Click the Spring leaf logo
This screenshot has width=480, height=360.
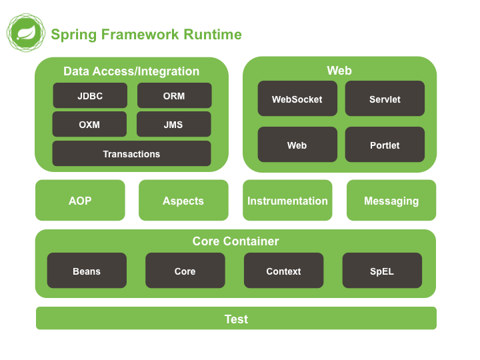click(25, 33)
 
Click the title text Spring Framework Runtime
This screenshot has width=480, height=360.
click(146, 35)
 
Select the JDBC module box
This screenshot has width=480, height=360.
click(90, 95)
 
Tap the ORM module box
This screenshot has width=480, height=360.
click(174, 95)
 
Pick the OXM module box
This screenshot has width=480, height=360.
click(89, 124)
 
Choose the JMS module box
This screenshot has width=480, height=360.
click(173, 124)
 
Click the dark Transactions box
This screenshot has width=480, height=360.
click(131, 153)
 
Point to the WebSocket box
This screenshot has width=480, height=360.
click(297, 99)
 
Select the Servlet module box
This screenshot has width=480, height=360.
click(385, 99)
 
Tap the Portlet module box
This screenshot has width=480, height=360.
click(385, 145)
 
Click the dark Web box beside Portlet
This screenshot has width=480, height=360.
click(297, 145)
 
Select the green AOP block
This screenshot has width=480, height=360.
click(80, 200)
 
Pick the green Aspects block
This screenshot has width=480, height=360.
click(183, 200)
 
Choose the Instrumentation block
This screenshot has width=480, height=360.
click(287, 200)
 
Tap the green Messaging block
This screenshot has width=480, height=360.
click(391, 200)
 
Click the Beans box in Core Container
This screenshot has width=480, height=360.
click(87, 271)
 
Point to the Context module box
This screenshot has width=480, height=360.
click(283, 271)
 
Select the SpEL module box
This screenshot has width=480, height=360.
click(382, 271)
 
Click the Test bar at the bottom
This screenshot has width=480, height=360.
click(236, 319)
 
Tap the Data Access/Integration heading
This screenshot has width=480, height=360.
click(131, 71)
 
